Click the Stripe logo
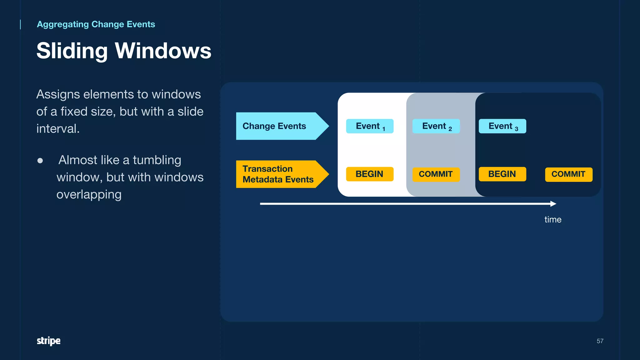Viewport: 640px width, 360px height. pos(48,341)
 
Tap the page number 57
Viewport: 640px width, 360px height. pos(600,341)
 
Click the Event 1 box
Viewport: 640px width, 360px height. pos(370,126)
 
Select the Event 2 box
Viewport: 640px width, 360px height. pos(436,126)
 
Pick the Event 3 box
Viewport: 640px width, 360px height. pos(502,126)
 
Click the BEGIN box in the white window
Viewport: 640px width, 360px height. pos(370,174)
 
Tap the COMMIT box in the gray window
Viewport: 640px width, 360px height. pos(436,174)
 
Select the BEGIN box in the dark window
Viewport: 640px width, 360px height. pos(502,174)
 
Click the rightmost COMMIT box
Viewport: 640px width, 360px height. pos(568,174)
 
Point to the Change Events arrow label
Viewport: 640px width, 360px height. pos(274,126)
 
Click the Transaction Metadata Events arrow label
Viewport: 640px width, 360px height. pos(277,174)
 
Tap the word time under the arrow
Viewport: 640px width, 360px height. pos(553,219)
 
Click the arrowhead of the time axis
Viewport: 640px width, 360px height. pos(553,204)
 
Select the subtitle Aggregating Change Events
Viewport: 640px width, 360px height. pos(96,24)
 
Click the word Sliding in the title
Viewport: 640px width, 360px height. pos(72,51)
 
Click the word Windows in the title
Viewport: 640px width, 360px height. pos(163,51)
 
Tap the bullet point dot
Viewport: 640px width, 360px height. pos(40,161)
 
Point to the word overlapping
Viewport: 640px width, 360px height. pos(89,194)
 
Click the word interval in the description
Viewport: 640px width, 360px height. pos(57,129)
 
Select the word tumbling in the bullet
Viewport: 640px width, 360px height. pos(157,160)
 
